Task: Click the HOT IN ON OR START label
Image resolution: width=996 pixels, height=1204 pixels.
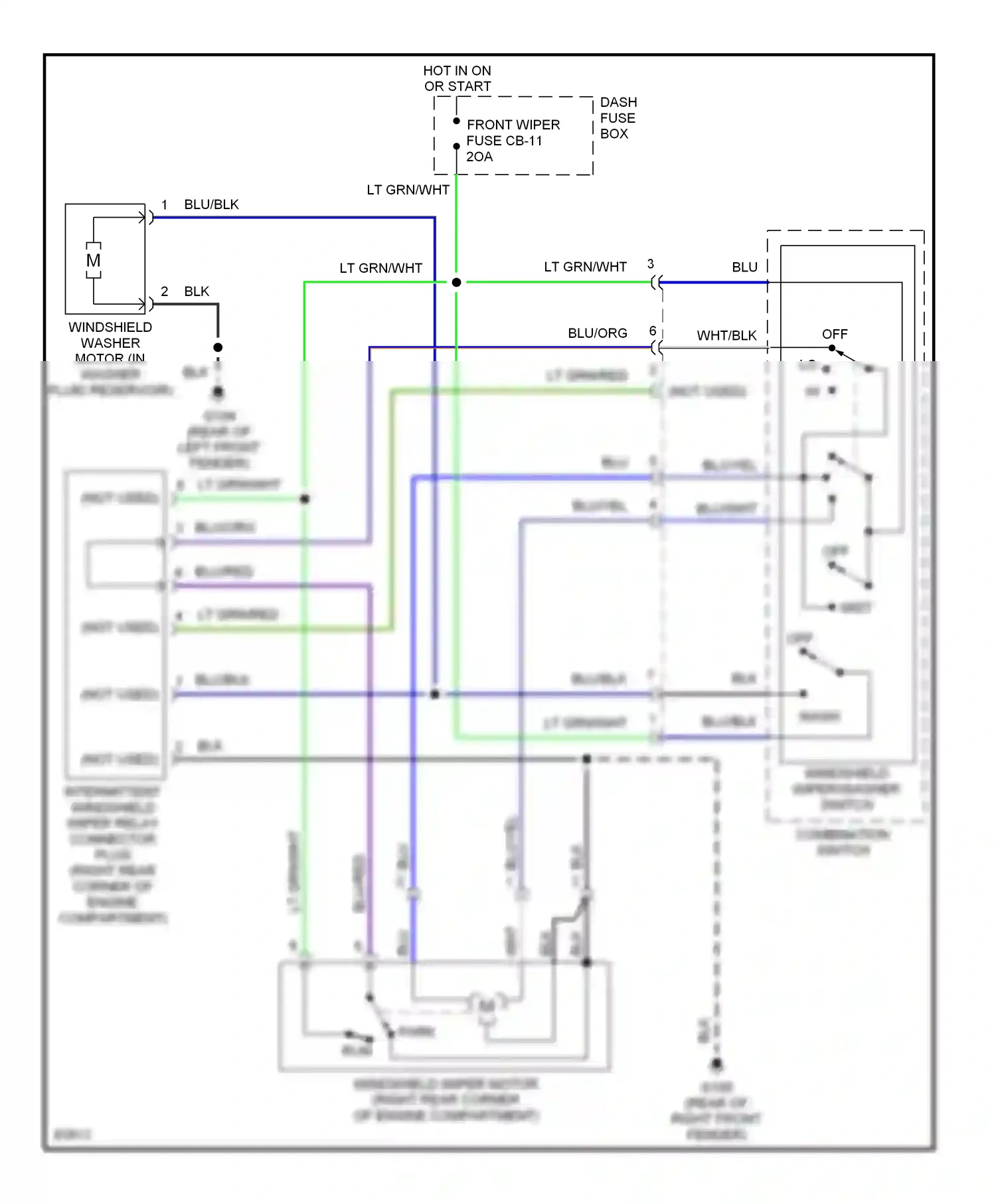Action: pos(457,78)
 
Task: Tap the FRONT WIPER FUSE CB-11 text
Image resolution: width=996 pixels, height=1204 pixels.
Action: pos(513,133)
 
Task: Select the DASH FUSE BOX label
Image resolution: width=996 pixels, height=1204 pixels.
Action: pos(618,117)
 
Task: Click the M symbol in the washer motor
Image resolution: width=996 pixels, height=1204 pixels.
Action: pos(94,260)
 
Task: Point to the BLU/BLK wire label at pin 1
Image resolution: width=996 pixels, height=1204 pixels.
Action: pos(211,204)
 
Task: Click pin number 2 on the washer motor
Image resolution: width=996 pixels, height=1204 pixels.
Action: pos(164,291)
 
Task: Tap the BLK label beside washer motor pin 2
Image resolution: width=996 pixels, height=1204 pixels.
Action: pos(197,291)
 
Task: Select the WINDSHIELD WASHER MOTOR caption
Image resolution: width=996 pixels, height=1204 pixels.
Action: pos(110,342)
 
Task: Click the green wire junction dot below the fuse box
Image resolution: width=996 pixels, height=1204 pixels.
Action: pos(456,282)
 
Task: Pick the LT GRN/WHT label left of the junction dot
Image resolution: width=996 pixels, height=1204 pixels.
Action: pos(380,268)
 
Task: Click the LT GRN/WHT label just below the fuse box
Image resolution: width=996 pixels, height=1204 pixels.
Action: pos(408,190)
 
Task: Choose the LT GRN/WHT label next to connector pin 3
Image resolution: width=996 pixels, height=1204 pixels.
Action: pos(585,267)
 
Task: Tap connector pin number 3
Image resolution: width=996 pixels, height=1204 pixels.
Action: pos(650,264)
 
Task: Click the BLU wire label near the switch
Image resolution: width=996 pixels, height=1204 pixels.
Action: pos(744,267)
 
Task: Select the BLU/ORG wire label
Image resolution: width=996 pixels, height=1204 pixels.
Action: pos(597,333)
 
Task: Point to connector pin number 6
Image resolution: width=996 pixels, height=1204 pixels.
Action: pos(652,331)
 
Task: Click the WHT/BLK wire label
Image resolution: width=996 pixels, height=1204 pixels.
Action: pos(726,335)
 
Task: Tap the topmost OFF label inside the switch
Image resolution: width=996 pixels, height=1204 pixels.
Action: pos(835,334)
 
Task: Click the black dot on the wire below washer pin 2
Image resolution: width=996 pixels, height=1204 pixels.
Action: pos(218,347)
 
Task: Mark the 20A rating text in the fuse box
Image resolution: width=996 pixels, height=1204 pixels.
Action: pos(479,157)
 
